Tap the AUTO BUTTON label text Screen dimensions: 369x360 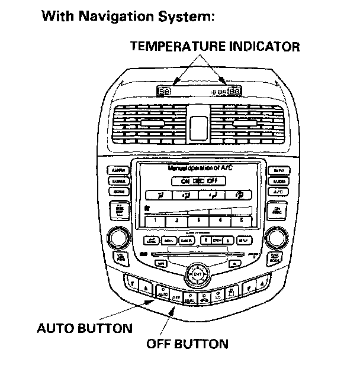85,328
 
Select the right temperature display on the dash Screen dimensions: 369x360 233,92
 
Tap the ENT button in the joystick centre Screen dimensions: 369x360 198,274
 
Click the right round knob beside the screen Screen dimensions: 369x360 276,238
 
